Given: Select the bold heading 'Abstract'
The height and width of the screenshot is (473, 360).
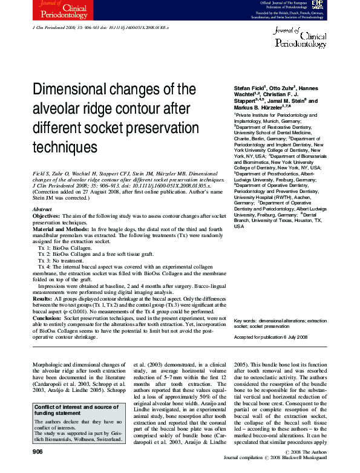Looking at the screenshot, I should pyautogui.click(x=42, y=209).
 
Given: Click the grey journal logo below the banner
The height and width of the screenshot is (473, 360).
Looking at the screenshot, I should pyautogui.click(x=300, y=38).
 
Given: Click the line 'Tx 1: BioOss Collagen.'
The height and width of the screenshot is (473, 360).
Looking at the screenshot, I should pyautogui.click(x=67, y=248).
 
